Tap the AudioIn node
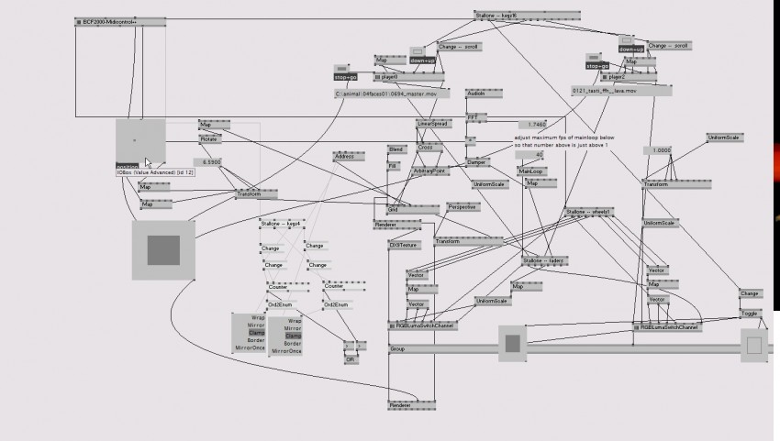click(475, 94)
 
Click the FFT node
click(472, 117)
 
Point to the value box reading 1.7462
click(537, 125)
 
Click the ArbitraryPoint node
click(430, 171)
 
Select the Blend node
click(396, 149)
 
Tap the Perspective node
click(462, 207)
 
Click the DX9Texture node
click(403, 246)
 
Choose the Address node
click(344, 157)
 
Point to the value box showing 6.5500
click(213, 162)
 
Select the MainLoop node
click(530, 171)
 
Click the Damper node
click(477, 162)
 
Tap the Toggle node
click(750, 313)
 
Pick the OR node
click(351, 360)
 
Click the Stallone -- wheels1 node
click(588, 213)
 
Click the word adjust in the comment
click(522, 138)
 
